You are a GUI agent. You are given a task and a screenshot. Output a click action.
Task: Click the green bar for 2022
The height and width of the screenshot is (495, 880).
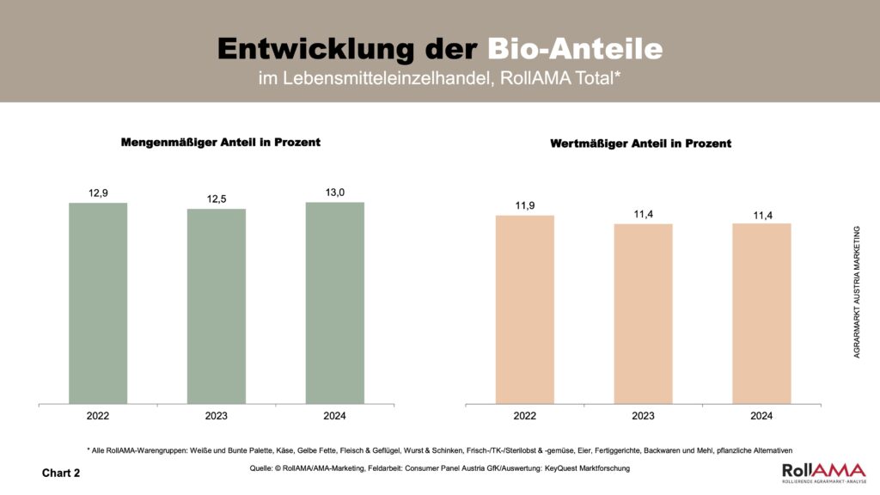[x=98, y=302]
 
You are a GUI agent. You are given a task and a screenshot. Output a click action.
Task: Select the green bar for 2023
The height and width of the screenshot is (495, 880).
[x=217, y=306]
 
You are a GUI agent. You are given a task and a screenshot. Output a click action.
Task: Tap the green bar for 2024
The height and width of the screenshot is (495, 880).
[x=334, y=302]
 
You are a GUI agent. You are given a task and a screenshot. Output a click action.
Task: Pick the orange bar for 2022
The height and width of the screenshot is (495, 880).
[x=525, y=309]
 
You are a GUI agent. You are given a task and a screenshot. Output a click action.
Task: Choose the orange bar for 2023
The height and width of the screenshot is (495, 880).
[x=643, y=314]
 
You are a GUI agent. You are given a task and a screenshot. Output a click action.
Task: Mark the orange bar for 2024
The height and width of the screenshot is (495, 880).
[x=761, y=314]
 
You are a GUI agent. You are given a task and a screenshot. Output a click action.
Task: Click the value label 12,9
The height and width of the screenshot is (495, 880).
[x=98, y=193]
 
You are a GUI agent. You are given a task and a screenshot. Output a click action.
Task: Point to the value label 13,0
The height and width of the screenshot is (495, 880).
[x=334, y=192]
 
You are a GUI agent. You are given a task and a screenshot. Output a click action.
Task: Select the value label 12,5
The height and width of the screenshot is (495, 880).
[x=217, y=199]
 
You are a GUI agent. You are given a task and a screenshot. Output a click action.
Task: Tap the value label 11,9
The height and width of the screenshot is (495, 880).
[x=525, y=205]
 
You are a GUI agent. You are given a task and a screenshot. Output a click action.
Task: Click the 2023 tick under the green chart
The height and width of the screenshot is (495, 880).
[x=217, y=416]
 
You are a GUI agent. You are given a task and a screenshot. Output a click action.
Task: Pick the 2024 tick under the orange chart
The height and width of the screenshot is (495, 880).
[x=761, y=416]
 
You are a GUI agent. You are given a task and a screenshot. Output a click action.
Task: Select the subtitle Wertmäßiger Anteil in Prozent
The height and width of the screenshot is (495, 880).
[x=640, y=144]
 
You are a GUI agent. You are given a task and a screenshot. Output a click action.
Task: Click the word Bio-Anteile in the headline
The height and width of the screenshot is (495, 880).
[x=575, y=48]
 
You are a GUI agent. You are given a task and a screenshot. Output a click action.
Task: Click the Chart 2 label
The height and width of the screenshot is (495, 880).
[x=61, y=473]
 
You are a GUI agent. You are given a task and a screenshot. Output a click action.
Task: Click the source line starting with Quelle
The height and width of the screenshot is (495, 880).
[x=439, y=468]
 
